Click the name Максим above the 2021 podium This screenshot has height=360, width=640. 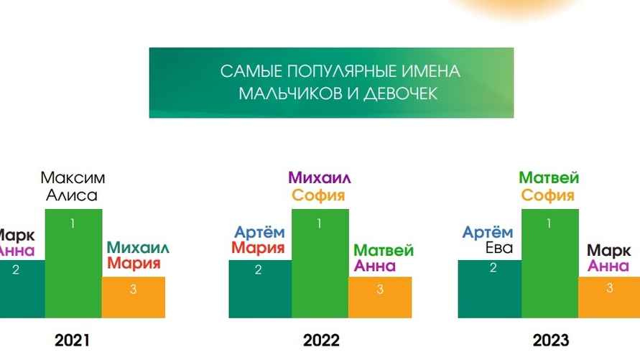tap(73, 177)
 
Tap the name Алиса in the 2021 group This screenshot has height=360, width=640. tap(72, 195)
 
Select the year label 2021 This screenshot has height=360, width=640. tap(73, 340)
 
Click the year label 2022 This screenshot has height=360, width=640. tap(320, 340)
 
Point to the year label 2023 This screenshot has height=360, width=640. tap(550, 340)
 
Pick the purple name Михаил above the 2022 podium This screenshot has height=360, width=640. tap(320, 177)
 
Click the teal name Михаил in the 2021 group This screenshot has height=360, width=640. tap(139, 248)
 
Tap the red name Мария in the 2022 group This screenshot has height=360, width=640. tap(258, 249)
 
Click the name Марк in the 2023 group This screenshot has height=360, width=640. tap(609, 251)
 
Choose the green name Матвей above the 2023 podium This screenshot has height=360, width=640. tap(549, 177)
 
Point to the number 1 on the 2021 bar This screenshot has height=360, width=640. tap(73, 223)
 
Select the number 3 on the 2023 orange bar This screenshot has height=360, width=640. tap(609, 288)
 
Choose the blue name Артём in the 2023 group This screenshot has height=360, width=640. tap(488, 232)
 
